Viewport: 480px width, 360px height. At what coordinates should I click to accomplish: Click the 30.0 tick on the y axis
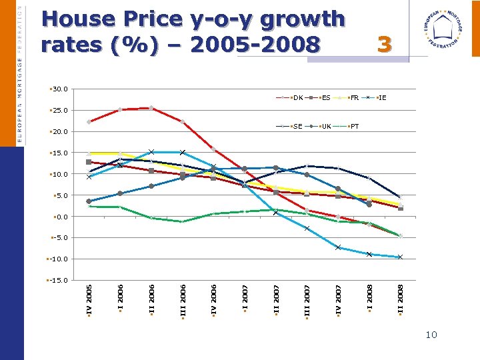(x=59, y=89)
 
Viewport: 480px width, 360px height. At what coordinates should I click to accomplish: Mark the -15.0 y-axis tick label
(x=58, y=280)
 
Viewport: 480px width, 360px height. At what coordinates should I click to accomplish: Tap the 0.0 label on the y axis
(x=61, y=217)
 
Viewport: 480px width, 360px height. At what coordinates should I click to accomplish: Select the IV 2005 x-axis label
(x=89, y=301)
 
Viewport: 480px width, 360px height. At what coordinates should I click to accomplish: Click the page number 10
(x=431, y=335)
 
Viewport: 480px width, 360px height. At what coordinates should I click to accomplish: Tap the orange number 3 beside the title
(x=384, y=45)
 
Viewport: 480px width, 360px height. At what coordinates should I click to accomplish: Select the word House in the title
(x=75, y=20)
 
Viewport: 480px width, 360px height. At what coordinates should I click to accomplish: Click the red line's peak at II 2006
(x=151, y=107)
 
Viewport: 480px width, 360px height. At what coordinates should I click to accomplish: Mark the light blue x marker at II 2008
(x=400, y=257)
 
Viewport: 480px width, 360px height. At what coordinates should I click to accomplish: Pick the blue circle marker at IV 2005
(x=89, y=201)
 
